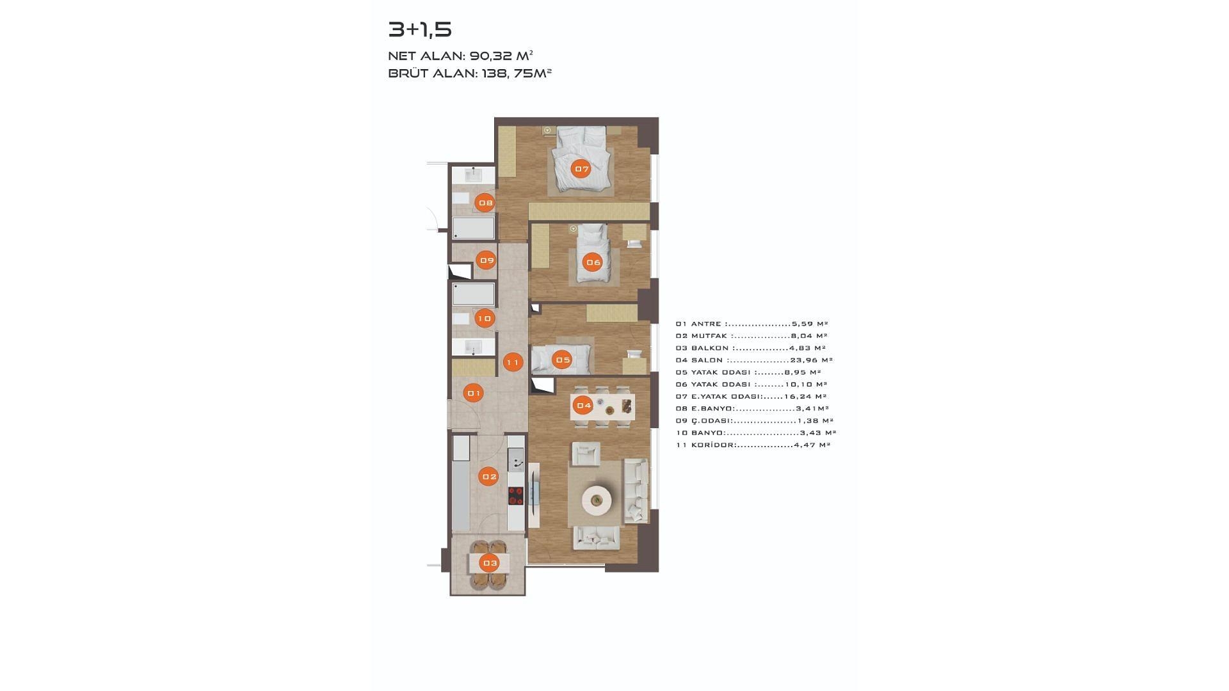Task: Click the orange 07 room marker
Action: click(x=581, y=169)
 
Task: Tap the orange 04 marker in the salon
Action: click(x=583, y=405)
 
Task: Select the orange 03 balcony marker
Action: click(x=490, y=563)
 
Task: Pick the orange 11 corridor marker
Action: click(x=512, y=362)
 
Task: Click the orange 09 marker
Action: click(x=486, y=260)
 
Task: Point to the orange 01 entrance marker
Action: click(x=474, y=393)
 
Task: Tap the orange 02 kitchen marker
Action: click(x=489, y=477)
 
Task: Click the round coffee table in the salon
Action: click(x=597, y=498)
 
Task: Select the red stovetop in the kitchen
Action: click(x=516, y=496)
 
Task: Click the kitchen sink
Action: click(x=515, y=459)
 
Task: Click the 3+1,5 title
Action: click(x=420, y=29)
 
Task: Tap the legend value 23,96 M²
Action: click(x=811, y=360)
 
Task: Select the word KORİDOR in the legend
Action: click(x=713, y=445)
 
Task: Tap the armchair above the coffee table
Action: click(x=586, y=454)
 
